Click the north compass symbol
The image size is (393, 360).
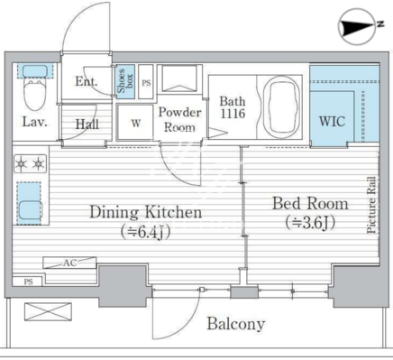click(358, 26)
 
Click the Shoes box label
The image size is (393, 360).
click(125, 81)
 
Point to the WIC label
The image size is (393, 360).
click(332, 121)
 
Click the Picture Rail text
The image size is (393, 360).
click(371, 205)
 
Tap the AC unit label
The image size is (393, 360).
click(70, 263)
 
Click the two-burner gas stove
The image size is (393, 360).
click(30, 163)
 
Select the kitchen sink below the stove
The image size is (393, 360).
click(30, 203)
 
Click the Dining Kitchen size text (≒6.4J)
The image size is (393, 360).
click(146, 232)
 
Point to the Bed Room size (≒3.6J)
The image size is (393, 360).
click(310, 223)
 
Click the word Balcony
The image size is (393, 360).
click(236, 324)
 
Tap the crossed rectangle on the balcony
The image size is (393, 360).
click(48, 312)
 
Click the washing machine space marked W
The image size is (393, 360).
click(135, 122)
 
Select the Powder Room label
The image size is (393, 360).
click(180, 120)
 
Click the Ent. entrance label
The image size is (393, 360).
click(87, 81)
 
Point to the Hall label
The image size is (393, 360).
click(87, 124)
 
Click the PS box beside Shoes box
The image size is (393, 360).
click(146, 81)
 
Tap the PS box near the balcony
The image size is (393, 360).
click(28, 282)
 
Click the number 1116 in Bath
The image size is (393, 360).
click(233, 114)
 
